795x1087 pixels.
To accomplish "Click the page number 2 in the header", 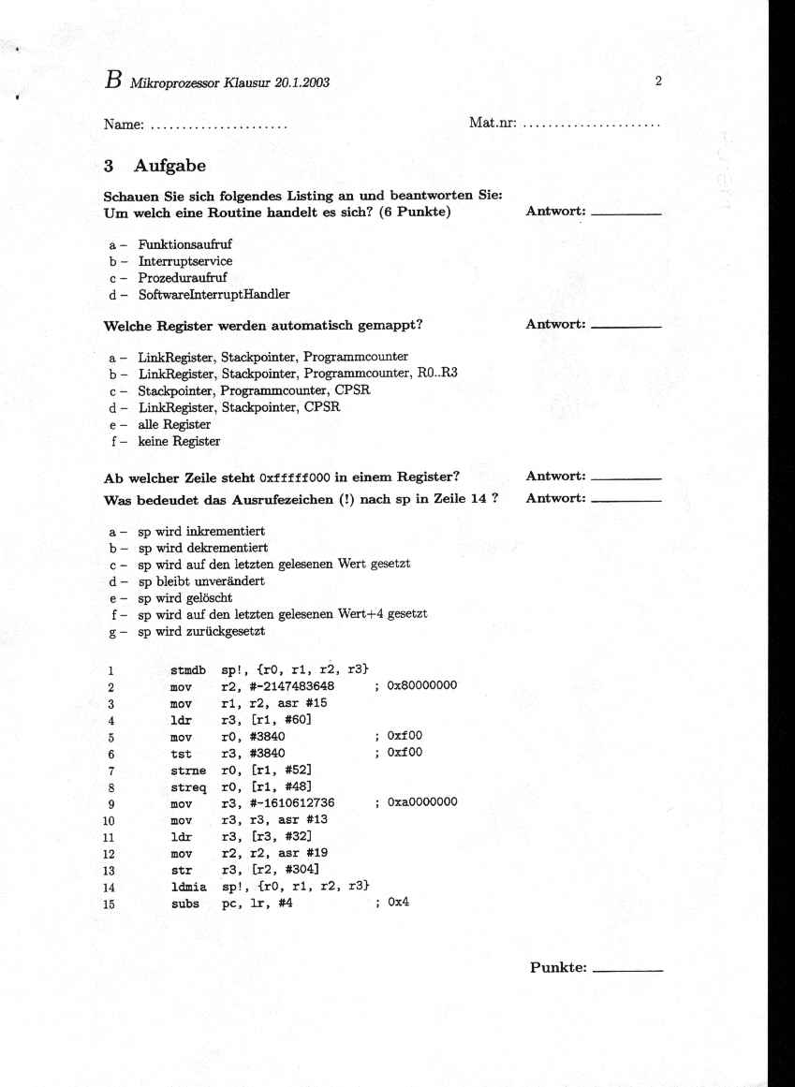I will point(658,81).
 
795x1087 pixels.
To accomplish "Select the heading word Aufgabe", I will point(169,166).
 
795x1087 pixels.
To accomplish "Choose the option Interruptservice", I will point(185,261).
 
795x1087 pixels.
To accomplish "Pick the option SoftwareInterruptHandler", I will point(213,294).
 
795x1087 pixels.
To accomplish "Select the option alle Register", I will point(174,424).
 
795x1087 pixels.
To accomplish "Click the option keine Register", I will point(179,441).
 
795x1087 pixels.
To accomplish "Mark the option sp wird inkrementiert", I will point(201,531).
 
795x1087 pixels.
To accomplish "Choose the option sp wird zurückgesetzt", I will point(201,631).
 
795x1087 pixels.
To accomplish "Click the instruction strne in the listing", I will point(188,769).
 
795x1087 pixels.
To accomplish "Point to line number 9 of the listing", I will point(110,803).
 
